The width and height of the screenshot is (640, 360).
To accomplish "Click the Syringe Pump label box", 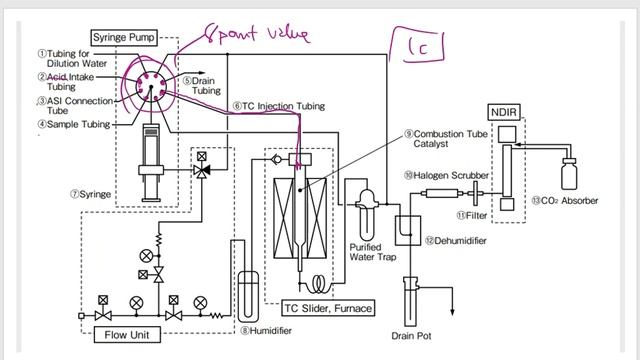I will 146,36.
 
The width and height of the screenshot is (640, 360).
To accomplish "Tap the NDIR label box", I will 505,110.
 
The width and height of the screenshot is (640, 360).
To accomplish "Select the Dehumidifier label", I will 461,240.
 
